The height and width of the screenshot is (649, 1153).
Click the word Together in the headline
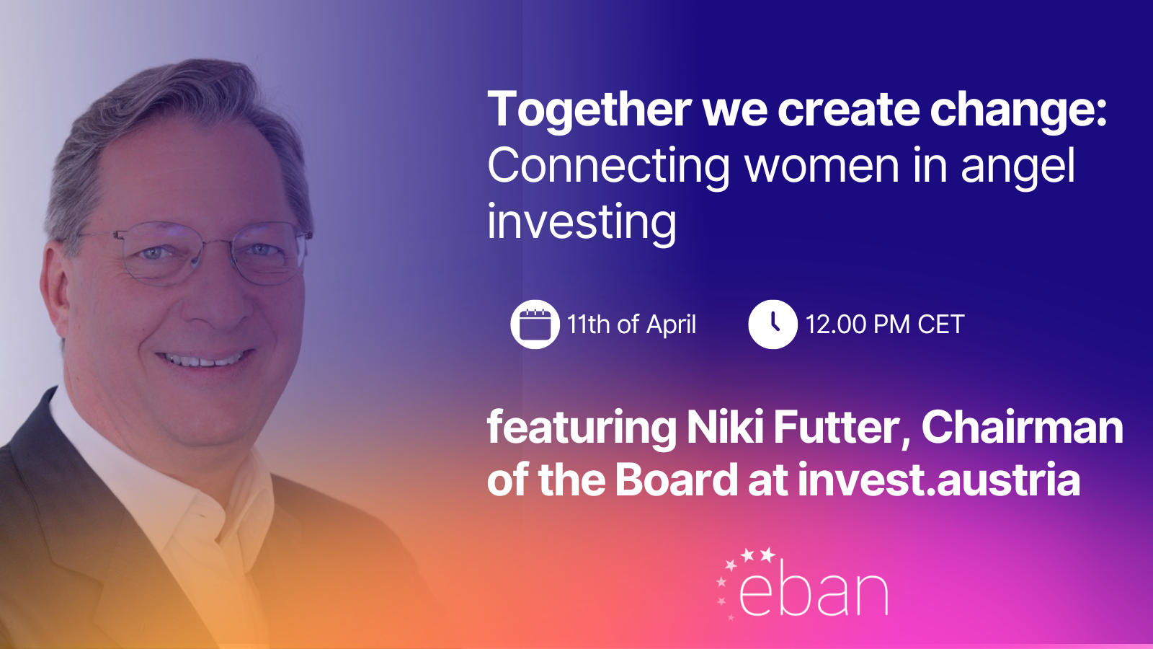(589, 110)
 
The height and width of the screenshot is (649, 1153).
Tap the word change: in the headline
(1019, 109)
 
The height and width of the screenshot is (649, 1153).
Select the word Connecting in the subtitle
(608, 167)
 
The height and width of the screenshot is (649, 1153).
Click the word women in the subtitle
(822, 166)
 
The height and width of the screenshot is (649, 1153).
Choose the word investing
(582, 223)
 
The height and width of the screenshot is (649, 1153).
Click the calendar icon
(535, 324)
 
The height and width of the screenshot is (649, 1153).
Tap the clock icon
(773, 324)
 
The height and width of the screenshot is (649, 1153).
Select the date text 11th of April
(631, 324)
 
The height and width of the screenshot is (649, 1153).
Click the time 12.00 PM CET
(885, 324)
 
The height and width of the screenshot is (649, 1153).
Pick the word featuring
(582, 428)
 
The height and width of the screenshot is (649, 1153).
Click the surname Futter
(842, 427)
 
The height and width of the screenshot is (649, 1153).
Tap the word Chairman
(1023, 427)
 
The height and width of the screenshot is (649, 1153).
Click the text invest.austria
(939, 479)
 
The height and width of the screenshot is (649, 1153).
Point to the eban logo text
(814, 591)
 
